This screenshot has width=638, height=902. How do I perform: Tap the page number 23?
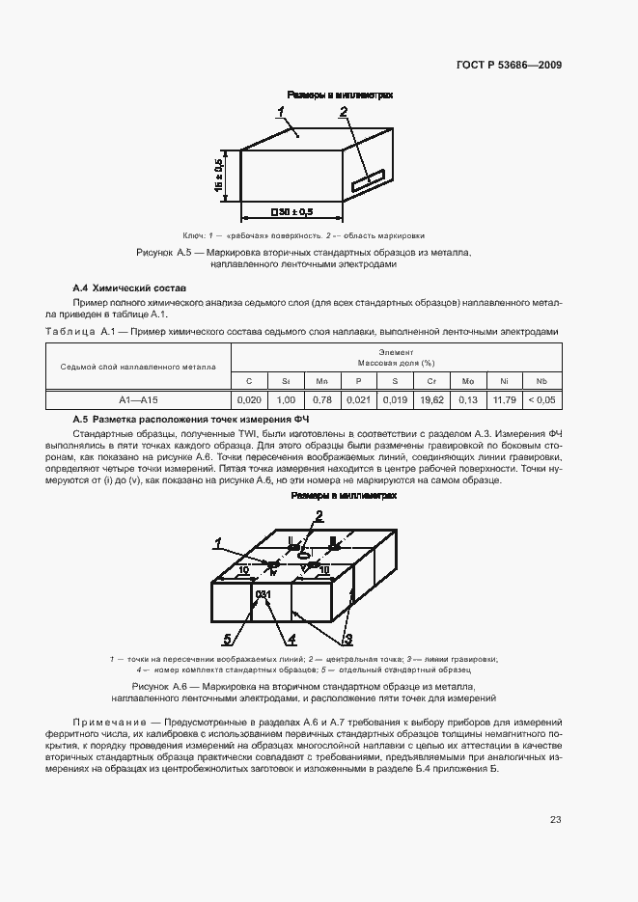(556, 820)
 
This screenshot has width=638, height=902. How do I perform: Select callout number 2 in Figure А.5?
(343, 113)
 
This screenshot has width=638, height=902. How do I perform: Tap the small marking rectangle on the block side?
(368, 180)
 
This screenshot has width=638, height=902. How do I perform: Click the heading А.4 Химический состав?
(130, 288)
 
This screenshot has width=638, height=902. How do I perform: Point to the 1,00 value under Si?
(285, 399)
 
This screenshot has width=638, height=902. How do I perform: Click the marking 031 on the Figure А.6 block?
(263, 593)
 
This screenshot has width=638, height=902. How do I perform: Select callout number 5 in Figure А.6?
(227, 638)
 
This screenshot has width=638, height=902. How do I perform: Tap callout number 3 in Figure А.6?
(347, 638)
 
